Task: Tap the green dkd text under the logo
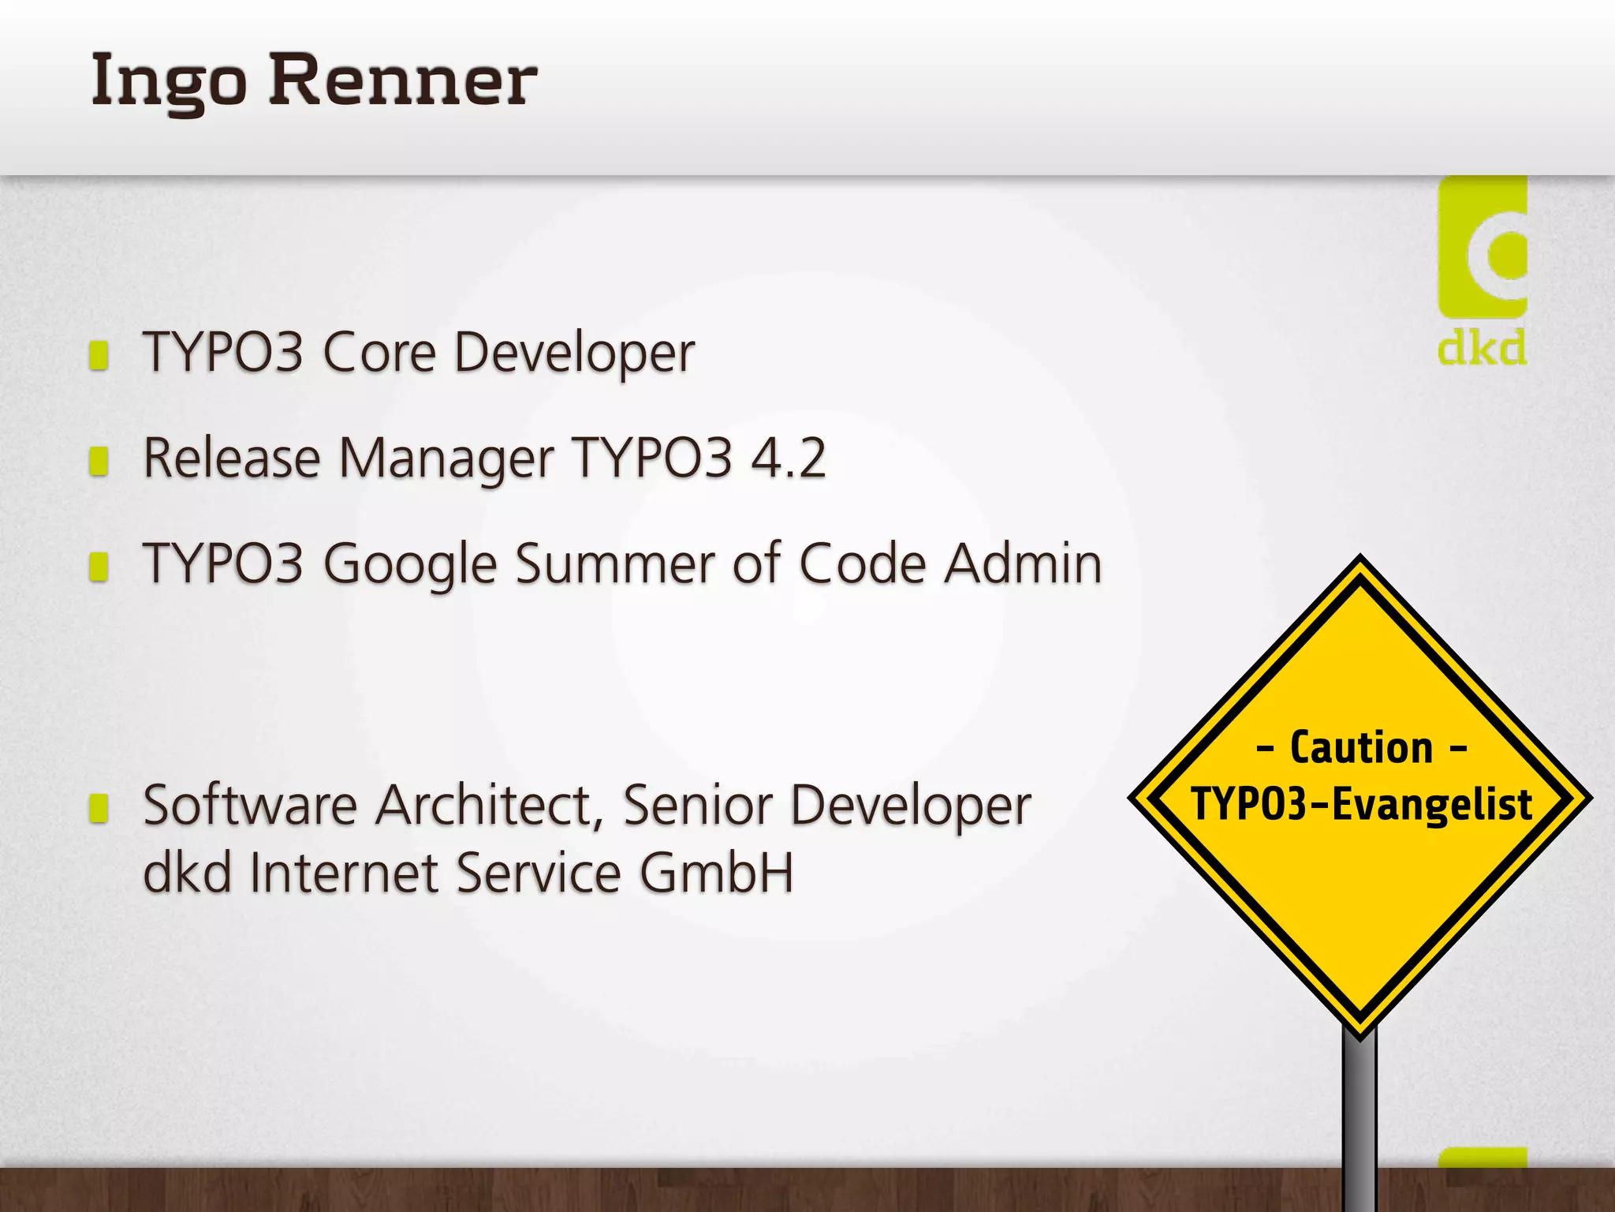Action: pyautogui.click(x=1482, y=348)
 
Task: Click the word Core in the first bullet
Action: pyautogui.click(x=379, y=353)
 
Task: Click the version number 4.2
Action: pyautogui.click(x=788, y=458)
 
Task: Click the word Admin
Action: pyautogui.click(x=1024, y=564)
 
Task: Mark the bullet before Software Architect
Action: pyautogui.click(x=99, y=808)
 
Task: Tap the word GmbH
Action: pyautogui.click(x=716, y=873)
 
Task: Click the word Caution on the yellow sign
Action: pyautogui.click(x=1361, y=748)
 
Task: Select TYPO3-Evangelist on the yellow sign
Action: pyautogui.click(x=1361, y=805)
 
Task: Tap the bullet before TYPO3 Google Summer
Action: pyautogui.click(x=99, y=567)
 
